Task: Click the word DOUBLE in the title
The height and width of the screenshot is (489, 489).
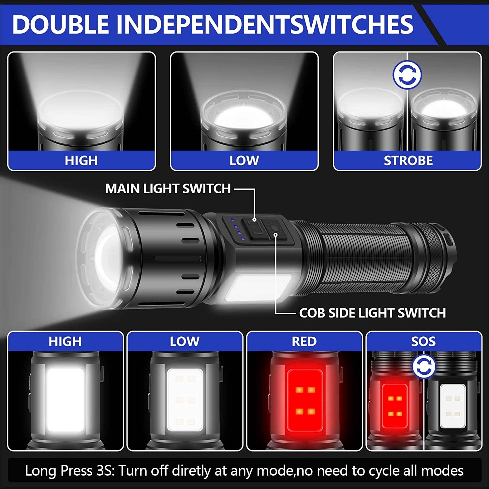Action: [x=61, y=24]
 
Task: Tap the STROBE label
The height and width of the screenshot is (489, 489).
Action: [x=408, y=160]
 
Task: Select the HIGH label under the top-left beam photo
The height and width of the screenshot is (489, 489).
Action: [x=81, y=160]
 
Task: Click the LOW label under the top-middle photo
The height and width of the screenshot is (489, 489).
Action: [x=244, y=160]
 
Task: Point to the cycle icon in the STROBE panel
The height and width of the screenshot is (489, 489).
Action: [x=407, y=75]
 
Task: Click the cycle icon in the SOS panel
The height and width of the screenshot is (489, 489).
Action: [x=424, y=366]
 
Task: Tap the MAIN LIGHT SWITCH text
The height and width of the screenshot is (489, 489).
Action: [x=168, y=188]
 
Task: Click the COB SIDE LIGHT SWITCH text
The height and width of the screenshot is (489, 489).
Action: [x=372, y=313]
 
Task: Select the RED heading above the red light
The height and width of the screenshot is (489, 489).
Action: [x=304, y=341]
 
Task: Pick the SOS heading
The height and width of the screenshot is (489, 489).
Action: [x=423, y=341]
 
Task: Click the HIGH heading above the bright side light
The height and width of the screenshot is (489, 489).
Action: [x=65, y=341]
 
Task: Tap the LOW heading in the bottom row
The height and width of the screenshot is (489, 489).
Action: [x=185, y=341]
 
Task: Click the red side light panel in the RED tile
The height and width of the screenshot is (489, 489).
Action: [x=305, y=400]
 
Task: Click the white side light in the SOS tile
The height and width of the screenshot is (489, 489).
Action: [x=453, y=406]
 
